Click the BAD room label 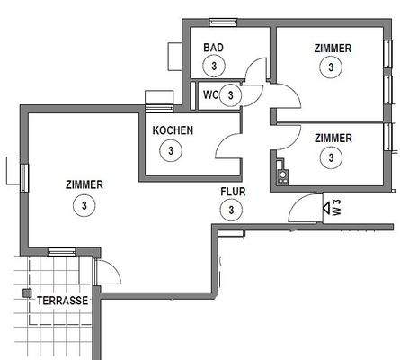click(x=213, y=48)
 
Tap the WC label click(x=210, y=94)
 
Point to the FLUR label click(x=233, y=192)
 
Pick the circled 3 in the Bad click(x=213, y=66)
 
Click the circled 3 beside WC click(x=231, y=94)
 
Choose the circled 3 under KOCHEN click(x=172, y=149)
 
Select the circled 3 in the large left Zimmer click(x=84, y=204)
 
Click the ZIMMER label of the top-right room click(x=333, y=48)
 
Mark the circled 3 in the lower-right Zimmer click(x=333, y=157)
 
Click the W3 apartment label click(x=336, y=208)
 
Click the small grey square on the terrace click(x=28, y=293)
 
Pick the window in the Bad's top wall click(x=218, y=21)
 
